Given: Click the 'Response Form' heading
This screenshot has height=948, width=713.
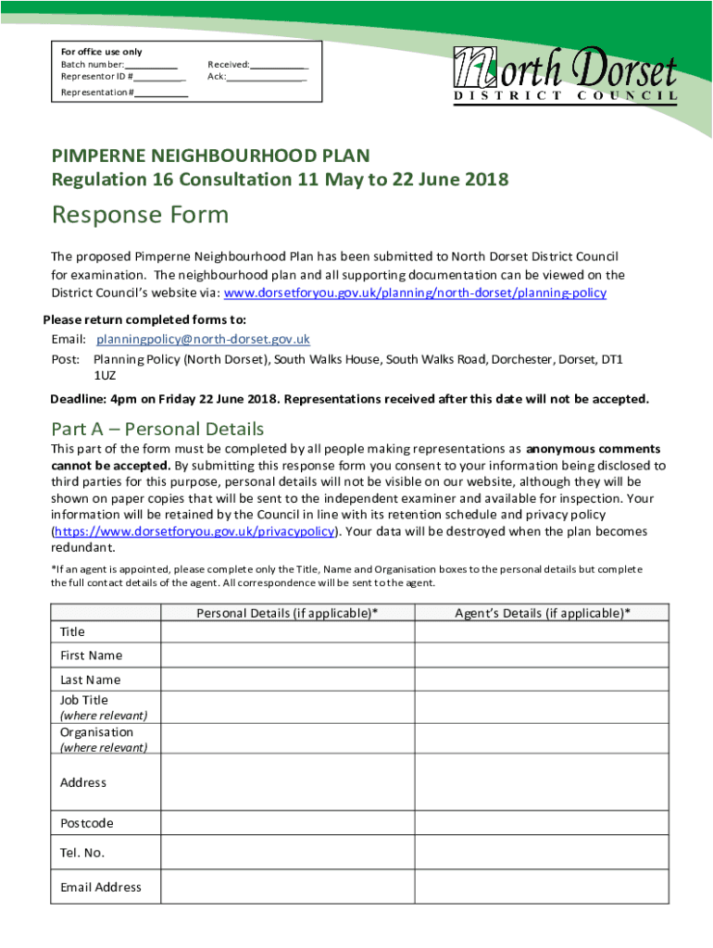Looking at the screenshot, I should (x=140, y=215).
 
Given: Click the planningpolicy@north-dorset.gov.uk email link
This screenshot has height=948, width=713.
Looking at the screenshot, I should (x=203, y=339).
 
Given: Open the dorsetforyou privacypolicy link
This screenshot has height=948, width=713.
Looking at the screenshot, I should (x=194, y=531).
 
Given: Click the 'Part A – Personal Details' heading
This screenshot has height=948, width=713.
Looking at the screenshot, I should (x=157, y=429).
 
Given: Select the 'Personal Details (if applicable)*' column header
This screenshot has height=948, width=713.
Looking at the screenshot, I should (x=287, y=613).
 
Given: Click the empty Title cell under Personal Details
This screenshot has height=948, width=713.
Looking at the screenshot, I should (x=287, y=631).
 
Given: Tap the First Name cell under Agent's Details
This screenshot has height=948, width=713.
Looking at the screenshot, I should (x=541, y=655).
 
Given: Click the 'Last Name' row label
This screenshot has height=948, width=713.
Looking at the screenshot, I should (x=90, y=680).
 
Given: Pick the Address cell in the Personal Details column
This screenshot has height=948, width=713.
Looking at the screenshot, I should (x=287, y=782).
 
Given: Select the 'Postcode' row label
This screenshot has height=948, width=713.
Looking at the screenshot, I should (x=87, y=823).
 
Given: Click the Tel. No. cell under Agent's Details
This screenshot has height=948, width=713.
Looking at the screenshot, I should (x=541, y=852).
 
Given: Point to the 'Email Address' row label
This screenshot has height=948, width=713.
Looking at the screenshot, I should (x=101, y=887).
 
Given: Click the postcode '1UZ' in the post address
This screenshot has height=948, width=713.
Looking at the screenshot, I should (x=105, y=376).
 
